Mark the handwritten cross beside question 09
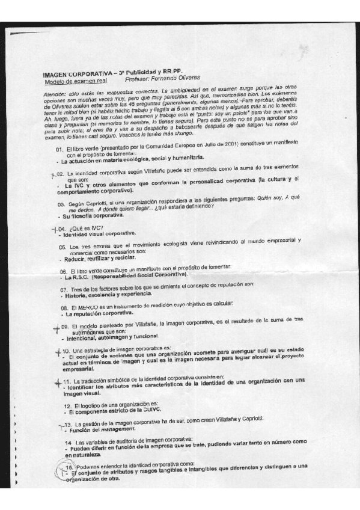coord(56,328)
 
